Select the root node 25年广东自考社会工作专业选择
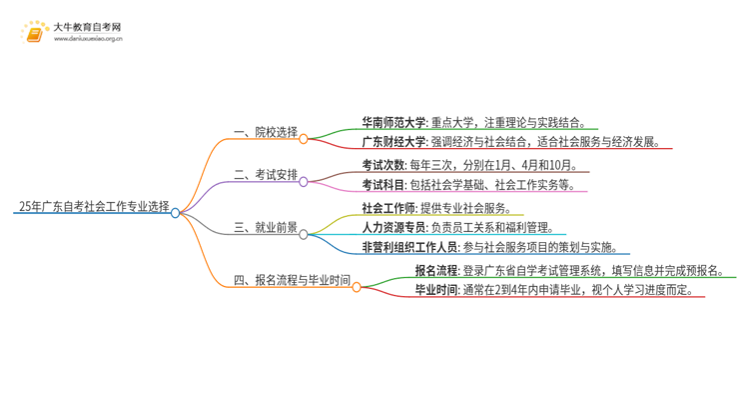[94, 208]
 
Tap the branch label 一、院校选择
[265, 131]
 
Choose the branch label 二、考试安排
[265, 174]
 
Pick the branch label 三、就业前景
[265, 227]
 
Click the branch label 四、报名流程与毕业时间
[292, 280]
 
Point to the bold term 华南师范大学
[394, 123]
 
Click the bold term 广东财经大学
[394, 142]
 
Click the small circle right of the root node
[176, 213]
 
